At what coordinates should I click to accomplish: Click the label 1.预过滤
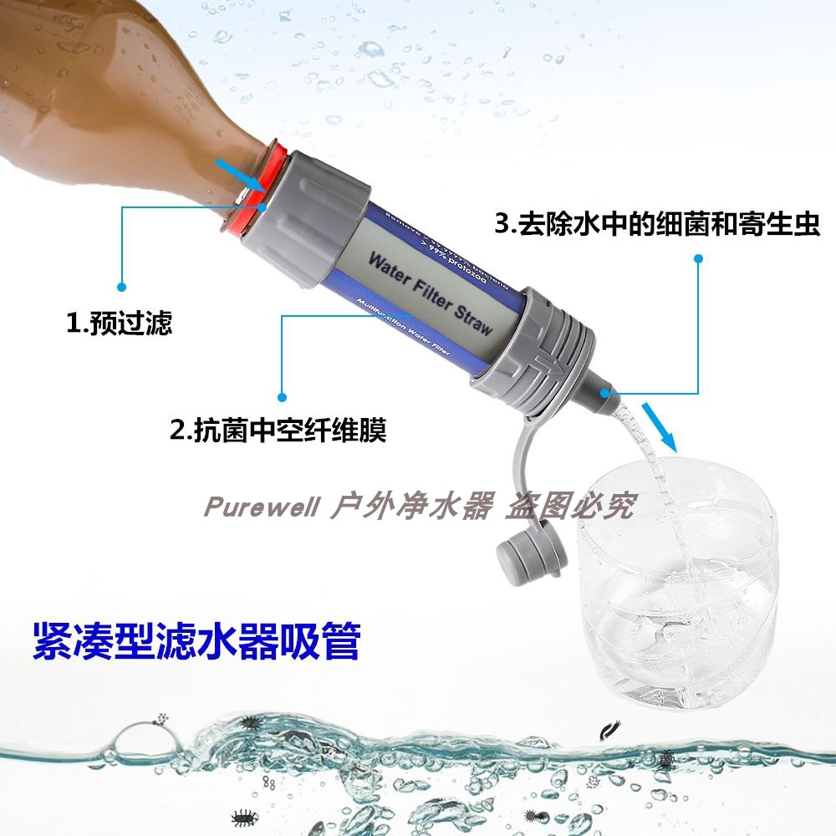[x=120, y=324]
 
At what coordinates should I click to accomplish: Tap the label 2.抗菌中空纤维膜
[x=278, y=431]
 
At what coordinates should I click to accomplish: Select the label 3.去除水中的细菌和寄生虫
[x=657, y=223]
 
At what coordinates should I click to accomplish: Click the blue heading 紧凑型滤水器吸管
[x=196, y=640]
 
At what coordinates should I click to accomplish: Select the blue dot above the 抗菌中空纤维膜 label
[x=282, y=395]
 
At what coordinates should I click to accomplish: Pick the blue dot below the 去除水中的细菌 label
[x=699, y=260]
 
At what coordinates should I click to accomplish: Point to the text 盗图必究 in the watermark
[x=569, y=506]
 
